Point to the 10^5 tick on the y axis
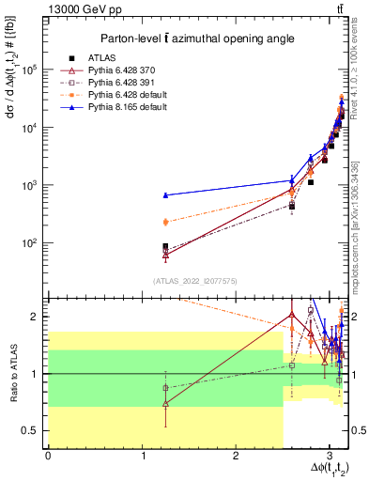click(x=30, y=70)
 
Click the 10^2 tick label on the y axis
click(x=30, y=243)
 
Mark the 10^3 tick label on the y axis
click(x=30, y=185)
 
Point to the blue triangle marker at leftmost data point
click(x=165, y=195)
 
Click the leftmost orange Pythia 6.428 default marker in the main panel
click(x=165, y=222)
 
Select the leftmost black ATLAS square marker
click(x=165, y=247)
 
